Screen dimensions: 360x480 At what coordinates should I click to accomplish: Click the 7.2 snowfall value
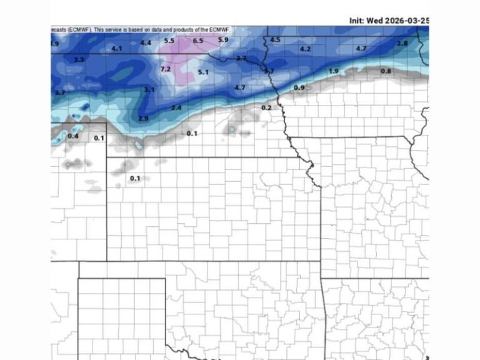coord(166,69)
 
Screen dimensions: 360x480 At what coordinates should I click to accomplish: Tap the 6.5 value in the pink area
coord(198,41)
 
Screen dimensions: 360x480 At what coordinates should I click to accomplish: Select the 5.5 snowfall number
coord(169,41)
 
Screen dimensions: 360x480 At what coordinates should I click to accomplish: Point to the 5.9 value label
coord(223,40)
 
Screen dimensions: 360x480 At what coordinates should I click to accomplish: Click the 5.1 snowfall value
coord(203,72)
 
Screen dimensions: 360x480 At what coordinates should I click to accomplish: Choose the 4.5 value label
coord(276,40)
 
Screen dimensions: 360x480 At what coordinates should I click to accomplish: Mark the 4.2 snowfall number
coord(306,49)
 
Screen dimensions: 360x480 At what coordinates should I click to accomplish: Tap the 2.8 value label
coord(402,43)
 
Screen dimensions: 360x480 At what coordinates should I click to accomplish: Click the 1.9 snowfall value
coord(334,71)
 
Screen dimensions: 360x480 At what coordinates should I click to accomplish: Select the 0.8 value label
coord(386,71)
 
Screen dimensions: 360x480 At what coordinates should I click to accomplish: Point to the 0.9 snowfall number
coord(299,87)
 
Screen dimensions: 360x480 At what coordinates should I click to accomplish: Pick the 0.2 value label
coord(266,107)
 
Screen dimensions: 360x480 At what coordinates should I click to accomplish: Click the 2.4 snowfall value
coord(176,108)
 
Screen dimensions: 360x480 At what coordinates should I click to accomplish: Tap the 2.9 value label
coord(143,119)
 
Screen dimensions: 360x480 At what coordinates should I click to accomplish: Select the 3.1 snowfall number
coord(149,90)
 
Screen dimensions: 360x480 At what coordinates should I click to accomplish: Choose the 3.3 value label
coord(79,60)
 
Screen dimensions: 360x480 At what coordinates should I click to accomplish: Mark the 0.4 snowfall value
coord(73,136)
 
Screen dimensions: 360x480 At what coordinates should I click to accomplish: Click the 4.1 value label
coord(117,49)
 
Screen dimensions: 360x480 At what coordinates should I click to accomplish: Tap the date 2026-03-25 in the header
coord(406,21)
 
